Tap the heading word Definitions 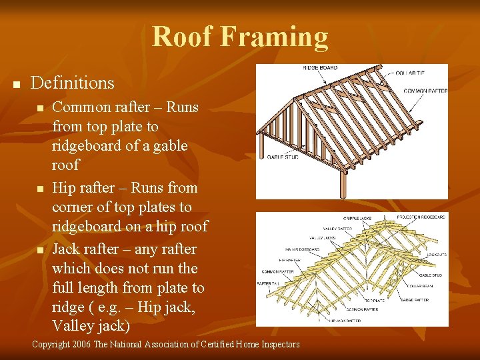(73, 83)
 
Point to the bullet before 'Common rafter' (41, 108)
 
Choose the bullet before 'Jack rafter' (41, 250)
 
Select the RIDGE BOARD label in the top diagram (320, 68)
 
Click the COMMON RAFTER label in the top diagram (425, 90)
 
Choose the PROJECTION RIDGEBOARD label (421, 217)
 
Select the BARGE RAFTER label (415, 300)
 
